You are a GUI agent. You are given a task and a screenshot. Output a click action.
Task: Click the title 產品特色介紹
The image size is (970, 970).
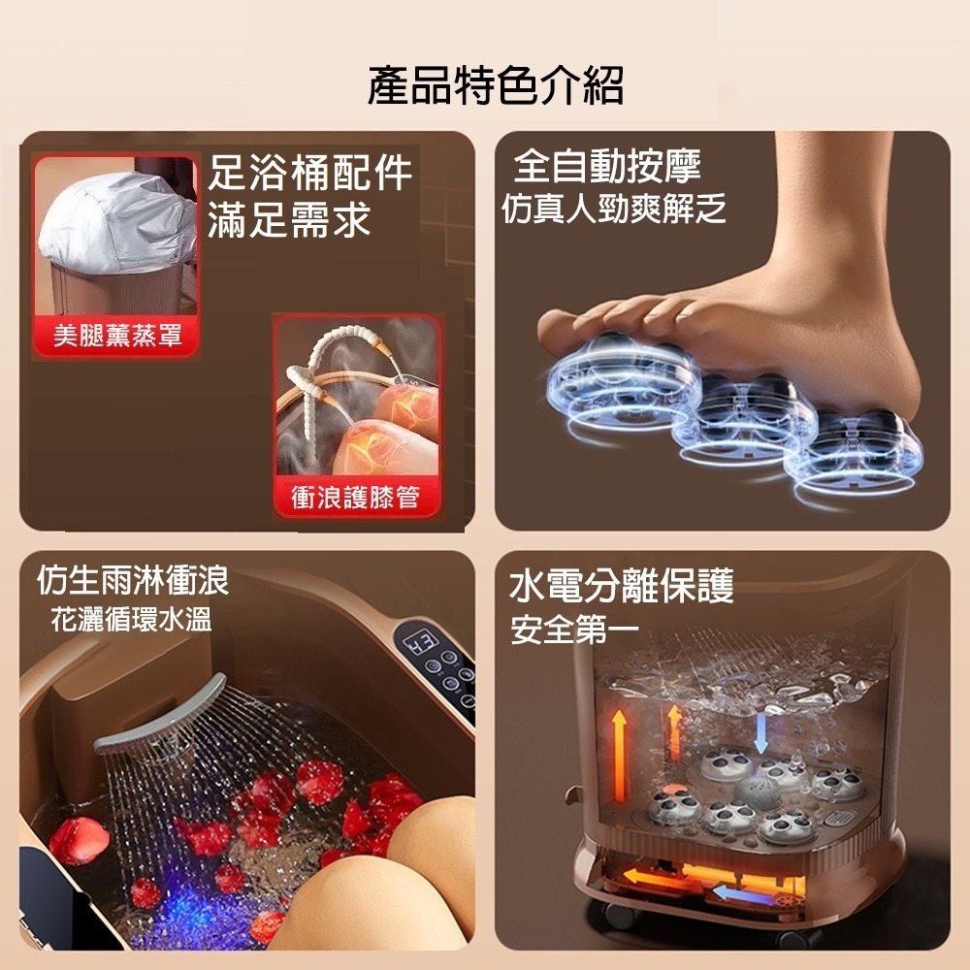495,86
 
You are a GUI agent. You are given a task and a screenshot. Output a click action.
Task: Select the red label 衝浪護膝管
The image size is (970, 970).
355,498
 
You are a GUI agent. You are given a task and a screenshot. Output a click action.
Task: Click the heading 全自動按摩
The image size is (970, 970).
607,166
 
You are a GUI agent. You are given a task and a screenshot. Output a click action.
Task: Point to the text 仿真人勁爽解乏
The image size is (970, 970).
613,209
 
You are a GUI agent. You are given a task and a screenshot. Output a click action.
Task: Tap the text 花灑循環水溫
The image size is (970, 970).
131,619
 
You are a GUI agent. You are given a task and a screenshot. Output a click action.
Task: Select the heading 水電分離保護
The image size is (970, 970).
622,586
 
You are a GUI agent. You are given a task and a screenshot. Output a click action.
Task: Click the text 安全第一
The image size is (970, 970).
574,631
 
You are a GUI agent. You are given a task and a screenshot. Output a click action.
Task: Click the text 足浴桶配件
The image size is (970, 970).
310,175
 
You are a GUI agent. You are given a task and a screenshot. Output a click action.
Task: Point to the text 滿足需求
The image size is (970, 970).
289,220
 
